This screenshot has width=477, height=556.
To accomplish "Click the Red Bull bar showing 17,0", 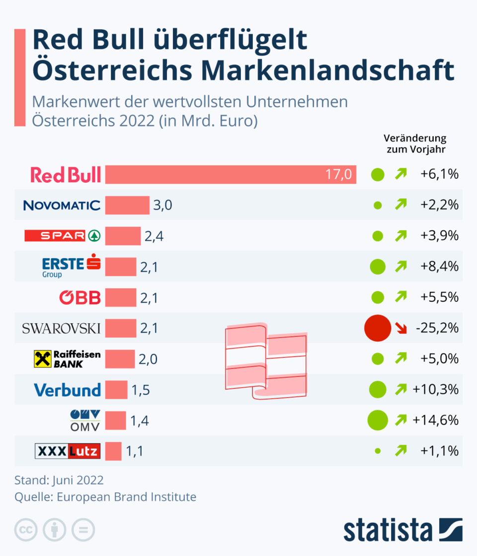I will [x=231, y=175].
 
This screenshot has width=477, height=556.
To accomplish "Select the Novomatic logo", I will [x=62, y=205].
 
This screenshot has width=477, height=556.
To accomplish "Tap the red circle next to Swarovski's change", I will [x=377, y=328].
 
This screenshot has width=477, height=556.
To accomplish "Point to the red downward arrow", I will [x=400, y=328].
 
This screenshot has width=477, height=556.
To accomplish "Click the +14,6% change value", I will [x=435, y=420].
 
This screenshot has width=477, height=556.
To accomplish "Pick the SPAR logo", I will [x=63, y=236].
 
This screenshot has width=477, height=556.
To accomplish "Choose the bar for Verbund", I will [x=116, y=390].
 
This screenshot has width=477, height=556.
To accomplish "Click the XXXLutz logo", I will [x=68, y=451].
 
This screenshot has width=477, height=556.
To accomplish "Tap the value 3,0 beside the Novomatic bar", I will [x=162, y=206].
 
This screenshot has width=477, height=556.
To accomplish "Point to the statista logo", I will [x=402, y=530].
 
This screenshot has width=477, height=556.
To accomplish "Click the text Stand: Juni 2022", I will [x=59, y=480].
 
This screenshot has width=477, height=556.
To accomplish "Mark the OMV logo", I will [x=85, y=420].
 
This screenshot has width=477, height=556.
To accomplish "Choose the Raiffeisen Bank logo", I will [x=67, y=359].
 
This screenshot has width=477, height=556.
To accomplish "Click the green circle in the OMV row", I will [x=377, y=420].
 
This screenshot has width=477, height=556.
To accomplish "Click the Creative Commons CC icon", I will [x=26, y=530].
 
